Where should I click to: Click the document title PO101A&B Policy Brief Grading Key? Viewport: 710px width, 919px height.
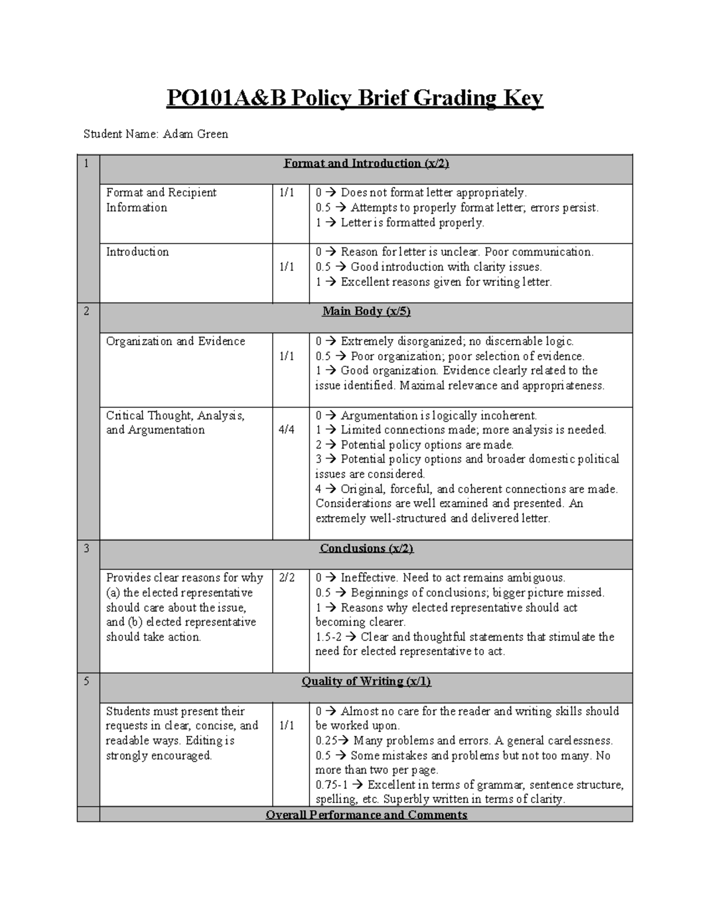coord(354,98)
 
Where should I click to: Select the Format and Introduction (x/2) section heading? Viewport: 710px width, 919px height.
coord(366,163)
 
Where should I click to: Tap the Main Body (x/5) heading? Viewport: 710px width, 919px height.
coord(366,311)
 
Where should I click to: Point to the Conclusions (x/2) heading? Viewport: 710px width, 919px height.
coord(366,549)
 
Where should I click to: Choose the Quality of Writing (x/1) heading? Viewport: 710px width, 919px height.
coord(366,681)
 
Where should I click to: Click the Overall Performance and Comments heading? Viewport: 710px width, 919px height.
coord(366,815)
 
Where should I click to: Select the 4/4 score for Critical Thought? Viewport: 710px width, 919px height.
coord(286,430)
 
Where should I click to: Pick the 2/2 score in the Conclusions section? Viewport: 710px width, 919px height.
coord(286,578)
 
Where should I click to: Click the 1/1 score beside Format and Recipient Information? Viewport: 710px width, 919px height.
coord(286,193)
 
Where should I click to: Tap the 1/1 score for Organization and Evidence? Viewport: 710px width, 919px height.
coord(286,356)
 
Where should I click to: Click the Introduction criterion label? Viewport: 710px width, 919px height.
coord(137,252)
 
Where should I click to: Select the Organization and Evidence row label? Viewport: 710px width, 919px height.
coord(175,341)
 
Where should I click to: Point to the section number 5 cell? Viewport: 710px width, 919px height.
coord(86,681)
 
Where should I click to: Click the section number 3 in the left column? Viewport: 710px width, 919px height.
coord(86,549)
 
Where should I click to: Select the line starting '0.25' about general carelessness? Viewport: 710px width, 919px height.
coord(464,740)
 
